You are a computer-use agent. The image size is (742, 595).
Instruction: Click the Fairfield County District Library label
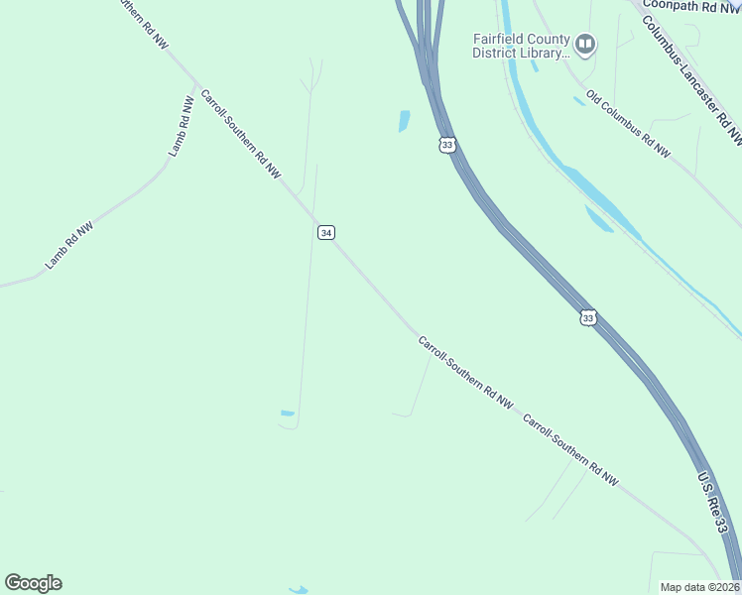[x=522, y=46]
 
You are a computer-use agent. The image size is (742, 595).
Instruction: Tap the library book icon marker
[x=586, y=44]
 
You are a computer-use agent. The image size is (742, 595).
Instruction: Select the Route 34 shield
[x=326, y=232]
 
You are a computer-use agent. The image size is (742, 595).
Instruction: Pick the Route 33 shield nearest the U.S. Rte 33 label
[x=588, y=317]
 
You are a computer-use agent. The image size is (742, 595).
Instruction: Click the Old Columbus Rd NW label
[x=628, y=124]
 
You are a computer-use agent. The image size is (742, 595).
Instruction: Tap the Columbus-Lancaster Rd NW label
[x=691, y=79]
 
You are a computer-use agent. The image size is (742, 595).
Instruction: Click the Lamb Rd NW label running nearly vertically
[x=181, y=126]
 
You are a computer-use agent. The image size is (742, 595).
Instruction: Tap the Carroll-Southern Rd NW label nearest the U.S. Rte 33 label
[x=570, y=449]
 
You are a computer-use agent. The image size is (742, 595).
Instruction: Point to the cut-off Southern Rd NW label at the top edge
[x=143, y=19]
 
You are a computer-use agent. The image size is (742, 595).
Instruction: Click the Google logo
[x=33, y=583]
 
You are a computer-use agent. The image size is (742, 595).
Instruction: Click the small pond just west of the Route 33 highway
[x=404, y=121]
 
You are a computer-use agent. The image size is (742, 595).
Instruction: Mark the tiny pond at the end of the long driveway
[x=288, y=414]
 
